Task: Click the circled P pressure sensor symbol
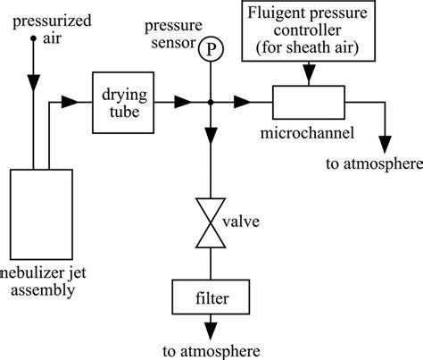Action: pyautogui.click(x=211, y=51)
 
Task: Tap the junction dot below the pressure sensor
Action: pyautogui.click(x=211, y=104)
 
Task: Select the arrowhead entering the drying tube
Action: pyautogui.click(x=88, y=104)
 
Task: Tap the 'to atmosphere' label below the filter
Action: pyautogui.click(x=211, y=347)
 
